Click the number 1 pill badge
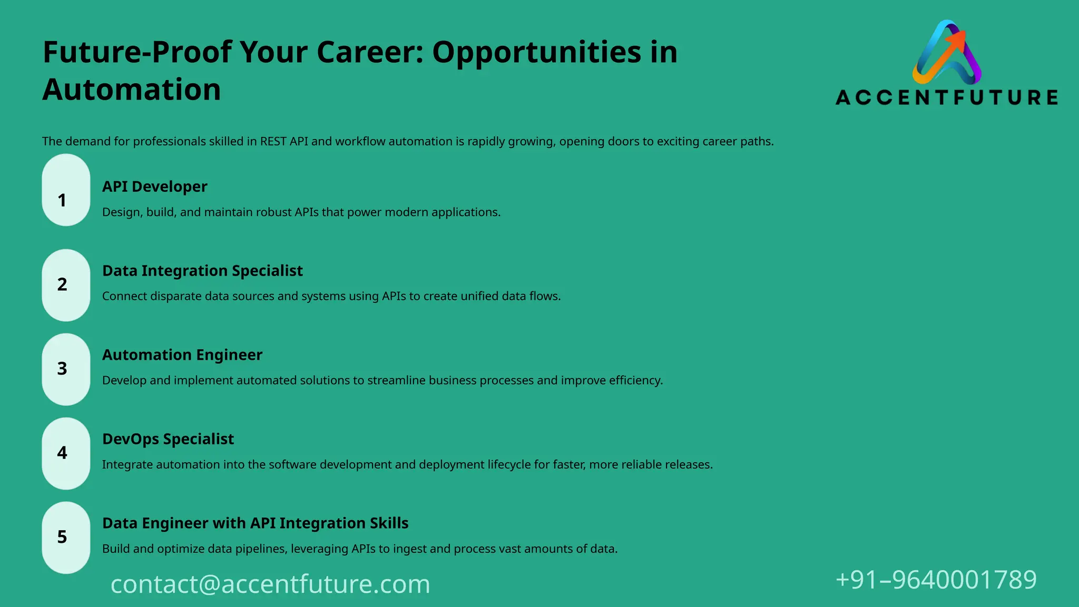(66, 190)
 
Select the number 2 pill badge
(66, 285)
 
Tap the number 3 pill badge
(66, 369)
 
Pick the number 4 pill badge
(66, 454)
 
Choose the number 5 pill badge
(66, 537)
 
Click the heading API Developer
(154, 187)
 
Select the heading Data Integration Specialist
(202, 271)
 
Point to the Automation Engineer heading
(182, 355)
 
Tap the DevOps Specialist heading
(168, 439)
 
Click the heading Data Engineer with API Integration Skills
(255, 523)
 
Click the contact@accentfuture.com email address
(270, 584)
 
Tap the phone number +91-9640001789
(936, 580)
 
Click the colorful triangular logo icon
(947, 53)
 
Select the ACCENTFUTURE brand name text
(947, 97)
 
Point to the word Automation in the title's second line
(132, 90)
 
